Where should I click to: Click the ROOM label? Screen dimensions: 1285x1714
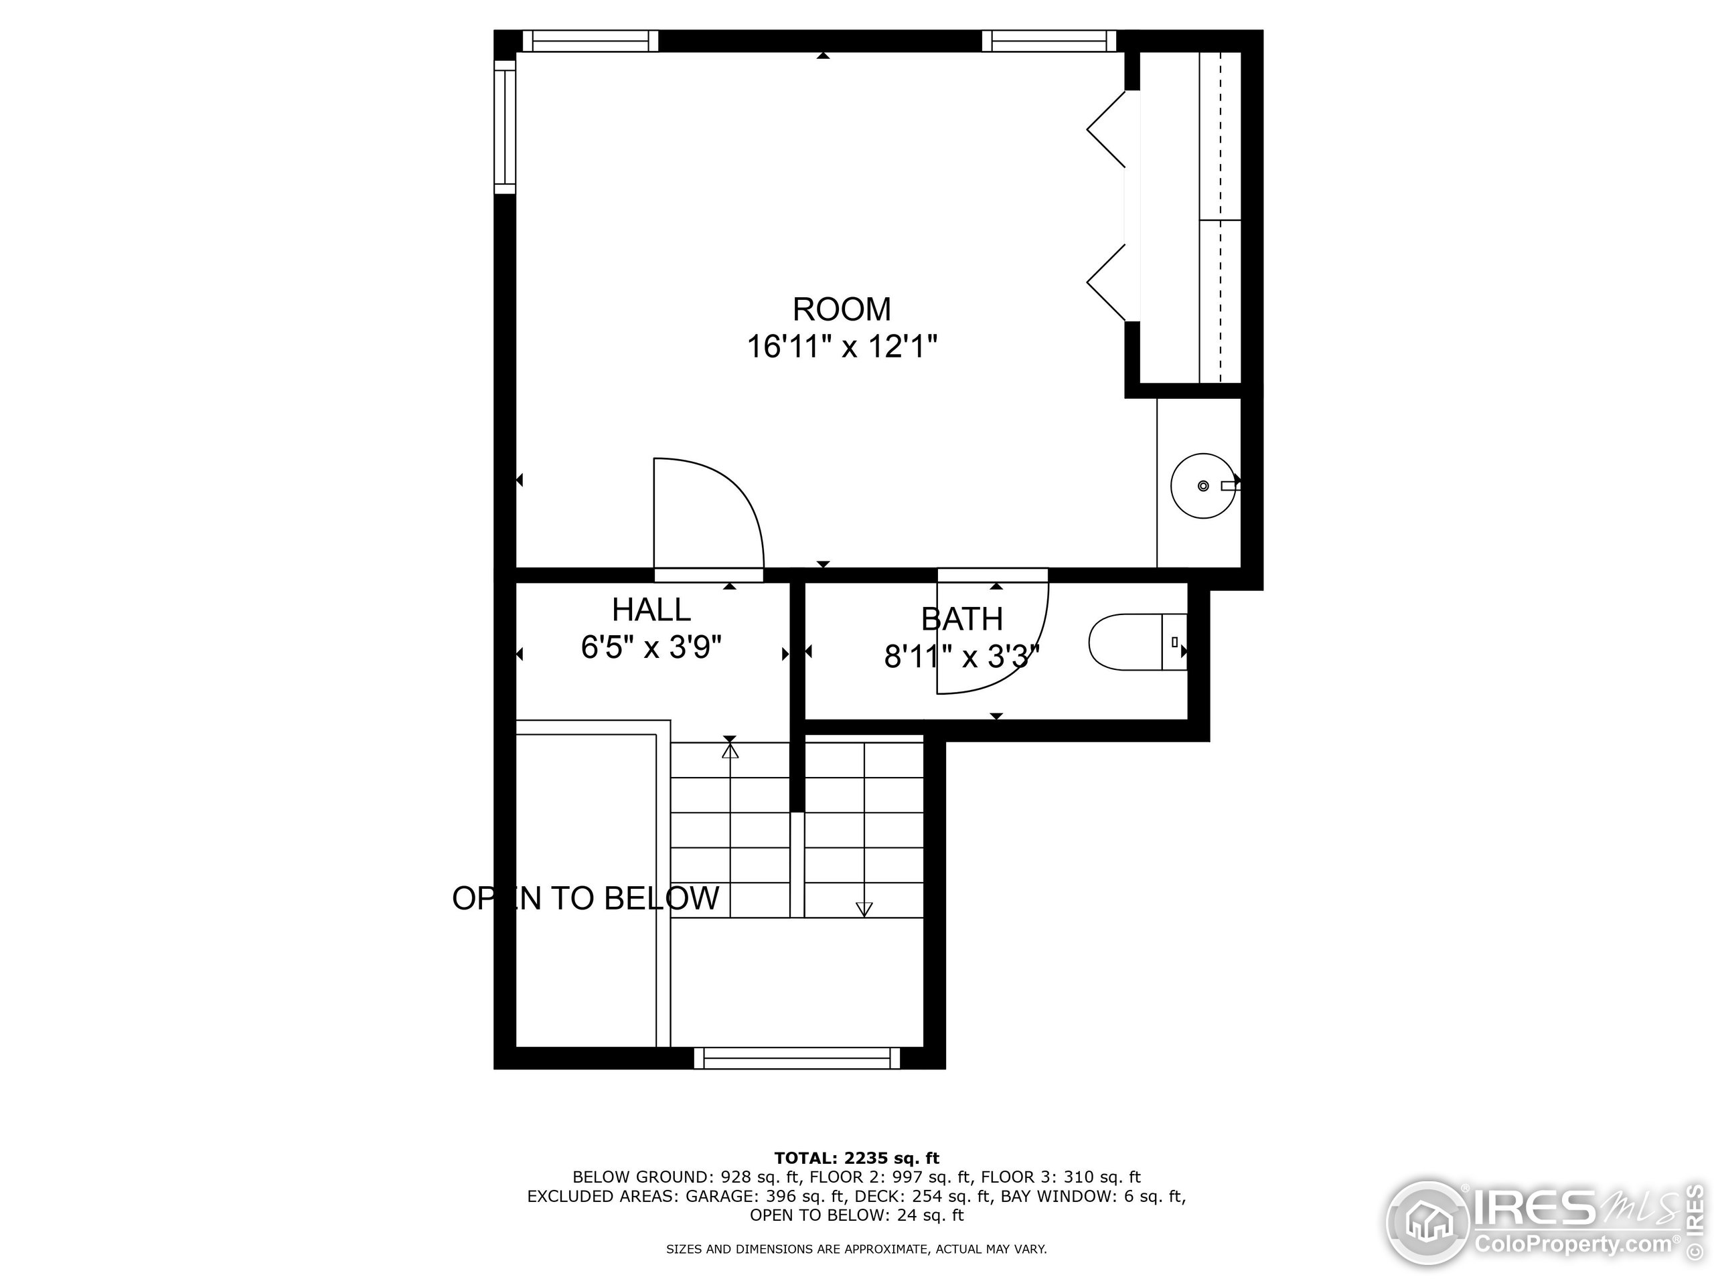[x=842, y=309]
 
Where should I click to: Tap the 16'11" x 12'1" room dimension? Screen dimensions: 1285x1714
[x=842, y=346]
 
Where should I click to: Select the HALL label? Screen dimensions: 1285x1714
[x=651, y=610]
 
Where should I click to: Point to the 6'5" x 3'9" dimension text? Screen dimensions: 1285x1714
[x=651, y=647]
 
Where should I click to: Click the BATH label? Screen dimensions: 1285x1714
[x=961, y=619]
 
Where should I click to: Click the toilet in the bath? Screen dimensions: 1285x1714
[x=1135, y=641]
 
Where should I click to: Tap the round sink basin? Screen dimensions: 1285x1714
[x=1202, y=486]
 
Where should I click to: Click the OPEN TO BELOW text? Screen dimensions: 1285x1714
[x=586, y=898]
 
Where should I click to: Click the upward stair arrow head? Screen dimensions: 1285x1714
[x=729, y=750]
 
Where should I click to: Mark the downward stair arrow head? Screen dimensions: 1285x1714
[x=863, y=910]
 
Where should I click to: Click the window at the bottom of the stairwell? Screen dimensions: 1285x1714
[x=797, y=1058]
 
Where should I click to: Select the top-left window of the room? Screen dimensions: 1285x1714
[x=591, y=41]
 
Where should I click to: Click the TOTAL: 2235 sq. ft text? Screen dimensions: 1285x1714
[x=856, y=1158]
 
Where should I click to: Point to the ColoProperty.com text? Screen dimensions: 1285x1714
[x=1573, y=1245]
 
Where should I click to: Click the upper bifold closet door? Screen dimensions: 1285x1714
[x=1107, y=129]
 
